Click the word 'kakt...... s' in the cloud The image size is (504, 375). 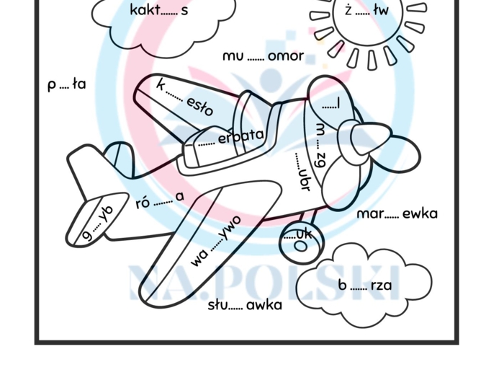click(x=159, y=10)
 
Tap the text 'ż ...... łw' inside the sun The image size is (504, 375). click(x=366, y=11)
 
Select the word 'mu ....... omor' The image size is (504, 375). click(x=263, y=56)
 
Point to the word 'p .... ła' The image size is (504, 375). click(x=67, y=84)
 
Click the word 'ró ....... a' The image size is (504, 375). click(x=160, y=199)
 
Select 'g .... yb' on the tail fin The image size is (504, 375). click(x=98, y=223)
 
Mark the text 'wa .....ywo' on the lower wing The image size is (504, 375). click(x=216, y=240)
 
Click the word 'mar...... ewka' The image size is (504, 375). click(x=397, y=214)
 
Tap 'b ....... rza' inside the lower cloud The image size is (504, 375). click(x=365, y=286)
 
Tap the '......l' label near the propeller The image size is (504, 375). click(x=330, y=105)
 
